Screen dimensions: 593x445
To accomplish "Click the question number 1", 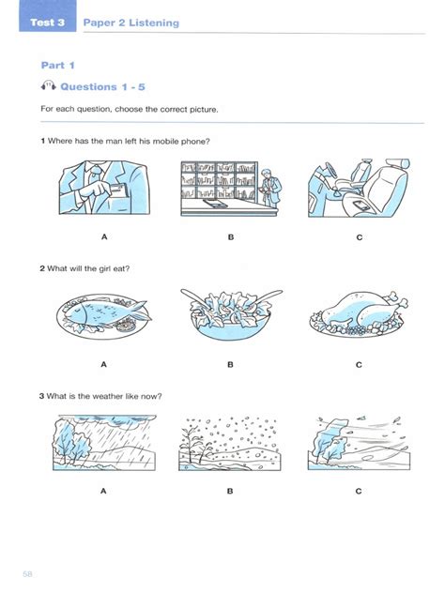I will (43, 141).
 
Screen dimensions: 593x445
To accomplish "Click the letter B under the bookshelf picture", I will (231, 237).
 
